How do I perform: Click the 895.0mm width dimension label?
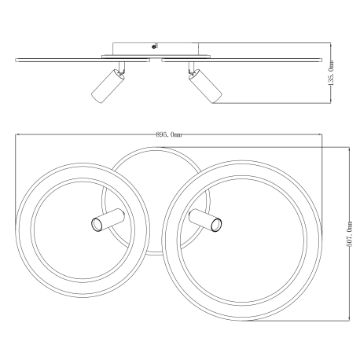169,134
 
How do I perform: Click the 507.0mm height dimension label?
349,234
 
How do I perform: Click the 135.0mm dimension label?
331,73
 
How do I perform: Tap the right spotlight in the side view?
205,86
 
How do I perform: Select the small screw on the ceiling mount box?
154,46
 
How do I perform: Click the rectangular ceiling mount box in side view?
156,49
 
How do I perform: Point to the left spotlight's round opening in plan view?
97,225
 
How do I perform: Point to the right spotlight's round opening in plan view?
217,225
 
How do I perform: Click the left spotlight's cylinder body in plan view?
108,220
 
